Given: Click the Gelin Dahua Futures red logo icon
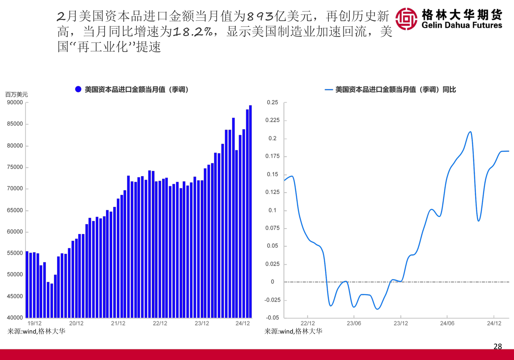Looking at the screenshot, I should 406,19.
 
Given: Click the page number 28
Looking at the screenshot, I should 498,346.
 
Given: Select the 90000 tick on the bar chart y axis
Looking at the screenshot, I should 15,102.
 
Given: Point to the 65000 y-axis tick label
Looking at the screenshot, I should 15,210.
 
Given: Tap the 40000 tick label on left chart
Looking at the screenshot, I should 15,317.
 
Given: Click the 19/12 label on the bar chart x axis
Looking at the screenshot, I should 34,324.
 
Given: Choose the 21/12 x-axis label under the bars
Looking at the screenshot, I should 118,324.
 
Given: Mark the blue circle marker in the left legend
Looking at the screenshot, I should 78,89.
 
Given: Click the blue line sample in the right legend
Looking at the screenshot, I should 329,90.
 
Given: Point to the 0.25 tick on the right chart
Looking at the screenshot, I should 272,102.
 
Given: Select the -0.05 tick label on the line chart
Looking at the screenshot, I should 272,317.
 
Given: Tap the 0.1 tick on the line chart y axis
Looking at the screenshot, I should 272,210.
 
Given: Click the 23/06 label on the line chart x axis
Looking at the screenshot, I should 354,324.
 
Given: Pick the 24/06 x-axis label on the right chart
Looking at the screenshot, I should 447,324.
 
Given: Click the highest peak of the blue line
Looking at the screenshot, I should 470,132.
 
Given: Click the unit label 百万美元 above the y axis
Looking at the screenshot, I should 16,95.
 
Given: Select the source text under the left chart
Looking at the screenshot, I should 36,331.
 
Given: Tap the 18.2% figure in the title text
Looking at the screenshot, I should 193,32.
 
